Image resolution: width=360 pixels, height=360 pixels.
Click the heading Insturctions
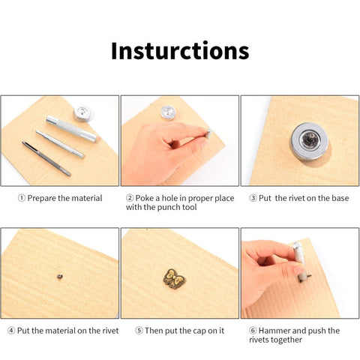tap(180, 51)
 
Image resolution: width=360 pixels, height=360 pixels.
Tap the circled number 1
tap(22, 198)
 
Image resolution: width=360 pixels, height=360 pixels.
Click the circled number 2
tap(130, 198)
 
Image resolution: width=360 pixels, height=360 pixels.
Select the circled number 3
tap(253, 198)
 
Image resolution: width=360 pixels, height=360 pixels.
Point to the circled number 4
tap(11, 331)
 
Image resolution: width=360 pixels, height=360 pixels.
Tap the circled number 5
tap(139, 331)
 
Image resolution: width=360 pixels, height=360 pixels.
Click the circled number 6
tap(253, 331)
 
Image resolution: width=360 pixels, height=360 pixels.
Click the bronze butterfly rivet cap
tap(175, 278)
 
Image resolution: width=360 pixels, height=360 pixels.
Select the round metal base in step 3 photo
tap(310, 141)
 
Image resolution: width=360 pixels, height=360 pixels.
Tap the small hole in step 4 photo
tap(59, 277)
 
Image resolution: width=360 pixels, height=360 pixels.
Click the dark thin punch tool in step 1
tap(46, 158)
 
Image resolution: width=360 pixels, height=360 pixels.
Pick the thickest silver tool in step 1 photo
tap(71, 129)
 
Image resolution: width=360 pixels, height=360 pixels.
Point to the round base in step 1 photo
tap(84, 113)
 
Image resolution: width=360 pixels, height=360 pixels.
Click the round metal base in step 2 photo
tap(168, 112)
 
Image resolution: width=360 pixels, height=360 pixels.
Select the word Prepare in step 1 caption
tap(42, 198)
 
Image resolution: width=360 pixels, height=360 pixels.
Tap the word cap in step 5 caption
tap(199, 331)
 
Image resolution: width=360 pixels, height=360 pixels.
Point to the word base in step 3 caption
tap(340, 198)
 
